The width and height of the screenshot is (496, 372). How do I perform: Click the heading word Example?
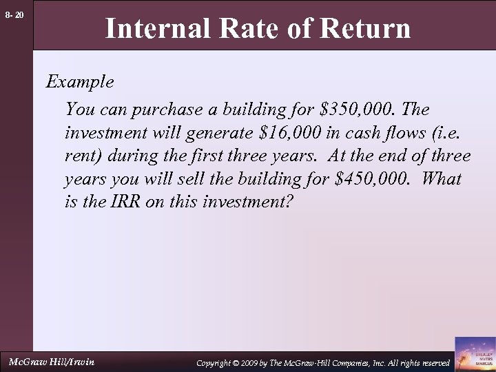(79, 83)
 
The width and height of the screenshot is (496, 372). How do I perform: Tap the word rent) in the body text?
(82, 156)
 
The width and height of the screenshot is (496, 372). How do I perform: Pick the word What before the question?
(440, 180)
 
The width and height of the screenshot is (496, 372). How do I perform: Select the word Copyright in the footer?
(216, 362)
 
